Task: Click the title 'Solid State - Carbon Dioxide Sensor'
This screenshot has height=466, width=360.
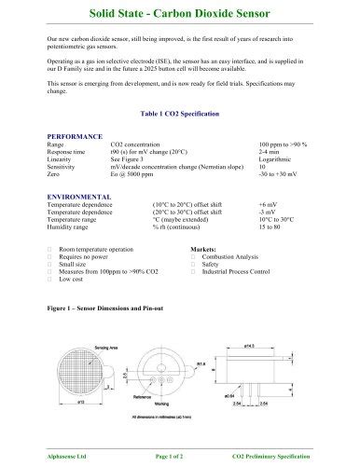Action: [179, 14]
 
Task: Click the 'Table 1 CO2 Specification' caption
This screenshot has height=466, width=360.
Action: [179, 113]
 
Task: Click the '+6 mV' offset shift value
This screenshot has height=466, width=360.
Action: [269, 205]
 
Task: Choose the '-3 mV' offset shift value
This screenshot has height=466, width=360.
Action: [268, 212]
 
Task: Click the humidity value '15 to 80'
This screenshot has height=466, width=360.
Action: [271, 227]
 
